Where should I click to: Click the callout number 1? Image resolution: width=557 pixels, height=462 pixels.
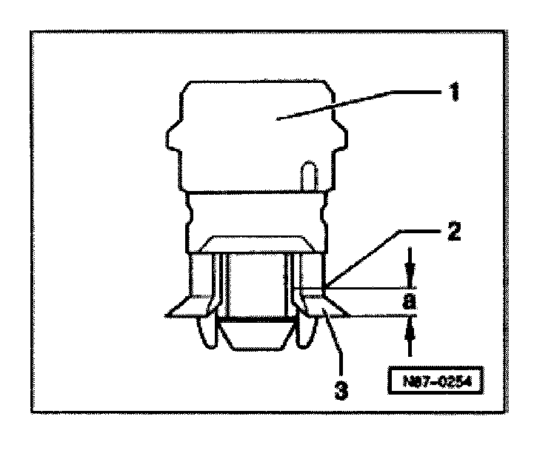(x=453, y=94)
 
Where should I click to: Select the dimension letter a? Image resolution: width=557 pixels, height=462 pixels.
(x=408, y=302)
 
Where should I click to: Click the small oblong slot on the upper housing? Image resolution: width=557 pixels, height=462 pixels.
(x=307, y=178)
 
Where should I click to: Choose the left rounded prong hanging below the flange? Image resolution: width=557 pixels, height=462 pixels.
(x=208, y=333)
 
